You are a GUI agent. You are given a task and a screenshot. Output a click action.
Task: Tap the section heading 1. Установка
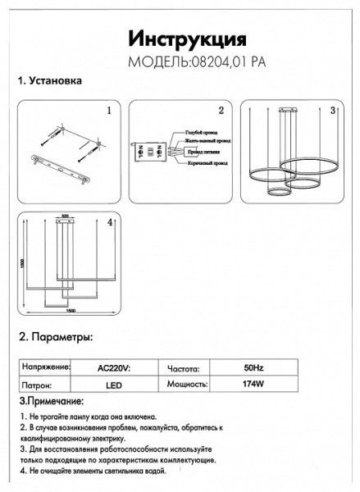[x=49, y=82]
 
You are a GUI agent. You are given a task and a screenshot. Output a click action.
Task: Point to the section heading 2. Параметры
[x=56, y=337]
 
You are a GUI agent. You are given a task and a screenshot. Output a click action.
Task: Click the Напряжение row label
[x=45, y=369]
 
